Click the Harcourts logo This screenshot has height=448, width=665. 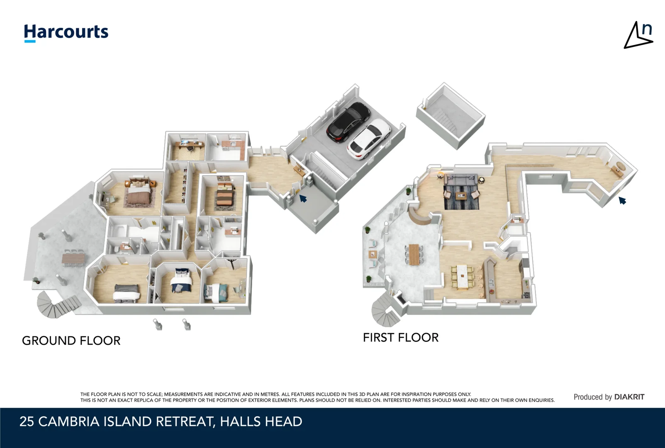pos(66,32)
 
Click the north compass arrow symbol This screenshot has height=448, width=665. pos(638,36)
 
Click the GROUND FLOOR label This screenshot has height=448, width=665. pos(71,341)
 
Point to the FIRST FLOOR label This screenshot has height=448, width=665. pos(400,338)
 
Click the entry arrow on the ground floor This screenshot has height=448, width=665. pos(303,199)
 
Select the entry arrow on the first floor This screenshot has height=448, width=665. pos(622,201)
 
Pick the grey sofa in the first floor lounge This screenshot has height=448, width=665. pos(460,180)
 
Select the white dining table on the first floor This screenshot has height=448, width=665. pos(462,277)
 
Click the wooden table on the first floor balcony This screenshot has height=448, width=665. pos(414,254)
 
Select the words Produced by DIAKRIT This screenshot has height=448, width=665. pos(609,397)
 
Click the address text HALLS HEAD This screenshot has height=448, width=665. pos(261,421)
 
